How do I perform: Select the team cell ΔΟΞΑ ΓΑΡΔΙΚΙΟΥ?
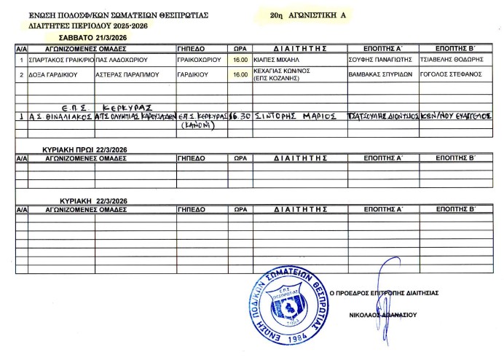click(x=53, y=74)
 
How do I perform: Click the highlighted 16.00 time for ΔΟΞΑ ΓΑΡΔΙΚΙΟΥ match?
click(x=239, y=74)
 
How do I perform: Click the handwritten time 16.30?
click(x=239, y=115)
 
